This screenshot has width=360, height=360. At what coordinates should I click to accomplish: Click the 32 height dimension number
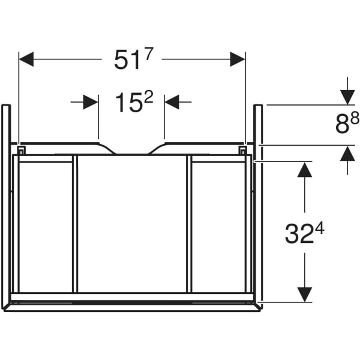pyautogui.click(x=298, y=235)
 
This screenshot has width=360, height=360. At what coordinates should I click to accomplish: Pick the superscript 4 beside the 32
pyautogui.click(x=320, y=229)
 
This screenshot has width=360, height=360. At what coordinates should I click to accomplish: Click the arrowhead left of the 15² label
pyautogui.click(x=91, y=103)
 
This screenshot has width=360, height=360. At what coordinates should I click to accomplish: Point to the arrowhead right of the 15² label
pyautogui.click(x=172, y=103)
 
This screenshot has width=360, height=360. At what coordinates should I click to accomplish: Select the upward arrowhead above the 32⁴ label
pyautogui.click(x=305, y=170)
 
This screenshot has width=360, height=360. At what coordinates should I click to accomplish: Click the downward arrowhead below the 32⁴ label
pyautogui.click(x=305, y=294)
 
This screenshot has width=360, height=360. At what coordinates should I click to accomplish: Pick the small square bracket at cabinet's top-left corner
pyautogui.click(x=21, y=149)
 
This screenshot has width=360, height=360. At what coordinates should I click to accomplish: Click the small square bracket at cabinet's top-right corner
pyautogui.click(x=242, y=149)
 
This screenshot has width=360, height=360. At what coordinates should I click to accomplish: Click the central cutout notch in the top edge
pyautogui.click(x=132, y=150)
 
